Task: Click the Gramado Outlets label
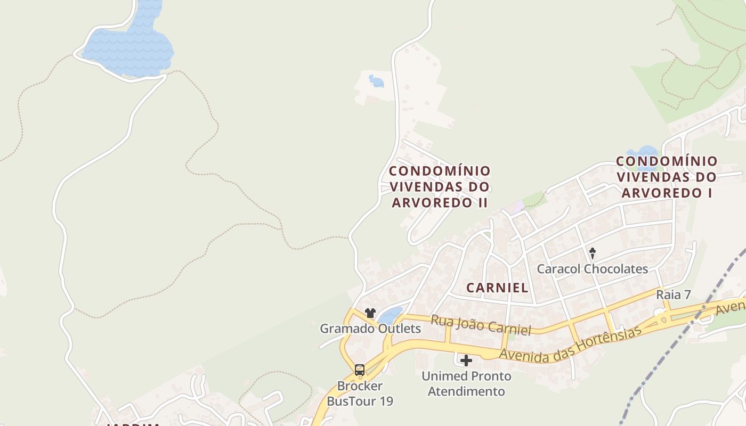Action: tap(370, 329)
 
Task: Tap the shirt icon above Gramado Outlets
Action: tap(370, 313)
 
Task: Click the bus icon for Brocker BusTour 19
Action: tap(360, 370)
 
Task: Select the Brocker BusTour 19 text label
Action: tap(360, 393)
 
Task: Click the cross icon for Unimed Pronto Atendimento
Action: tap(466, 361)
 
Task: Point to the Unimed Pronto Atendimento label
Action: tap(466, 383)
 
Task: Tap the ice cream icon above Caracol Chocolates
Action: tap(592, 253)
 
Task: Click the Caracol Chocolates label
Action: tap(592, 268)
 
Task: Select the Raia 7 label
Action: tap(673, 294)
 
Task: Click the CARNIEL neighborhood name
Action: tap(497, 288)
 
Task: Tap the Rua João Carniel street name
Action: tap(481, 325)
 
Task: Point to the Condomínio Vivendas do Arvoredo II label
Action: tap(440, 186)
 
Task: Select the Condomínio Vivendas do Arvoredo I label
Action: tap(667, 177)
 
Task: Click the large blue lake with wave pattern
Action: tap(128, 48)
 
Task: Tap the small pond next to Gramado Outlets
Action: tap(391, 315)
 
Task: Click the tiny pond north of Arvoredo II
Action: tap(377, 81)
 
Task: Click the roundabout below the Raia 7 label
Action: tap(663, 320)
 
